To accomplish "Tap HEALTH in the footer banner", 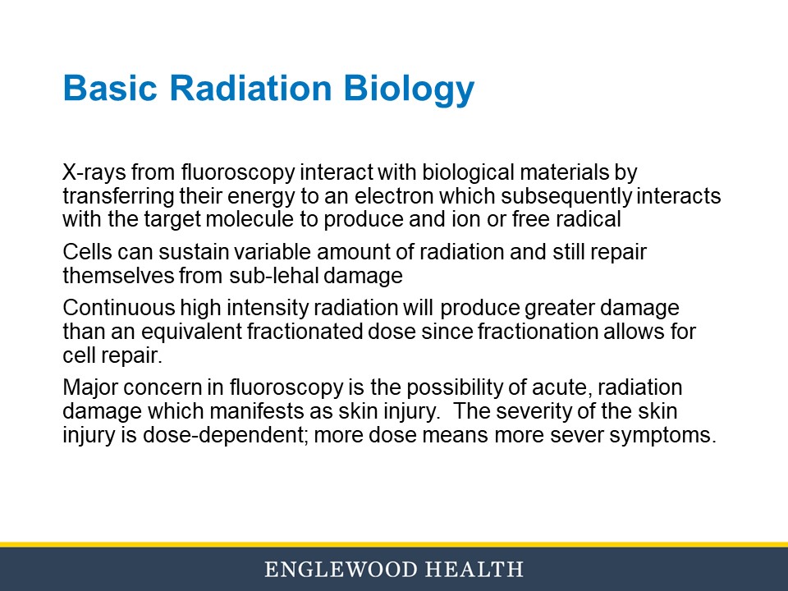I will pyautogui.click(x=478, y=569).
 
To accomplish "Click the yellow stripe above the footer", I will pyautogui.click(x=394, y=544).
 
